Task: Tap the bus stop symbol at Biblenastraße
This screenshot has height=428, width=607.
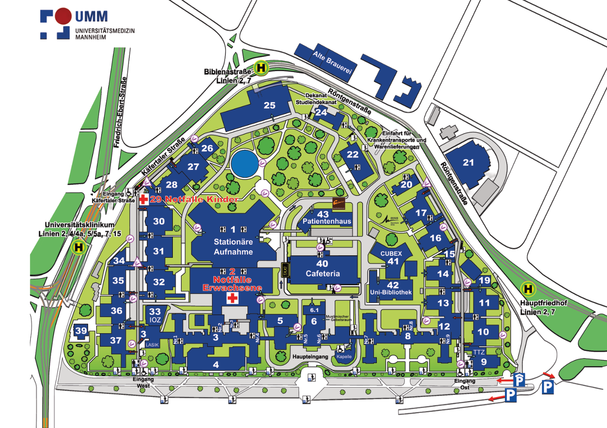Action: click(x=261, y=68)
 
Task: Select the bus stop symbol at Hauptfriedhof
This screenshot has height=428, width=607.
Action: click(x=528, y=289)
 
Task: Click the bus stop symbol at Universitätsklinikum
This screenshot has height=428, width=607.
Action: click(x=78, y=248)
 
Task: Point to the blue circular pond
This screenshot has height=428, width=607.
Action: click(x=244, y=163)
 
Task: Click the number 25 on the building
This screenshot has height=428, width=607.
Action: click(x=269, y=105)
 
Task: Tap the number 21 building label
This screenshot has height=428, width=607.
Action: click(x=468, y=163)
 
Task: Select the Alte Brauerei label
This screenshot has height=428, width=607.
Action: click(x=333, y=62)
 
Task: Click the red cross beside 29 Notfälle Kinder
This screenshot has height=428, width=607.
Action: click(x=144, y=199)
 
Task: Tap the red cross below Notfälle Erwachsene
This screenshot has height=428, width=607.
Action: click(x=233, y=298)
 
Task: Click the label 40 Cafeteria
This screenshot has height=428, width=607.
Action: click(x=322, y=269)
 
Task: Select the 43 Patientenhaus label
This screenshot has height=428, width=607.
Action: click(x=326, y=218)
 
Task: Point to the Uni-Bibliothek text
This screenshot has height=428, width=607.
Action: click(x=391, y=292)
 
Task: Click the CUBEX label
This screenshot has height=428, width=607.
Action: click(x=391, y=254)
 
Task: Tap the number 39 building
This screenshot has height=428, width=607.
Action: click(x=81, y=331)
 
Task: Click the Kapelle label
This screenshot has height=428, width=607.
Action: click(x=344, y=357)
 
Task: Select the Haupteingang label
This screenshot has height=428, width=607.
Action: click(x=310, y=357)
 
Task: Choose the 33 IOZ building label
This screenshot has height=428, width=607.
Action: click(x=155, y=316)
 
